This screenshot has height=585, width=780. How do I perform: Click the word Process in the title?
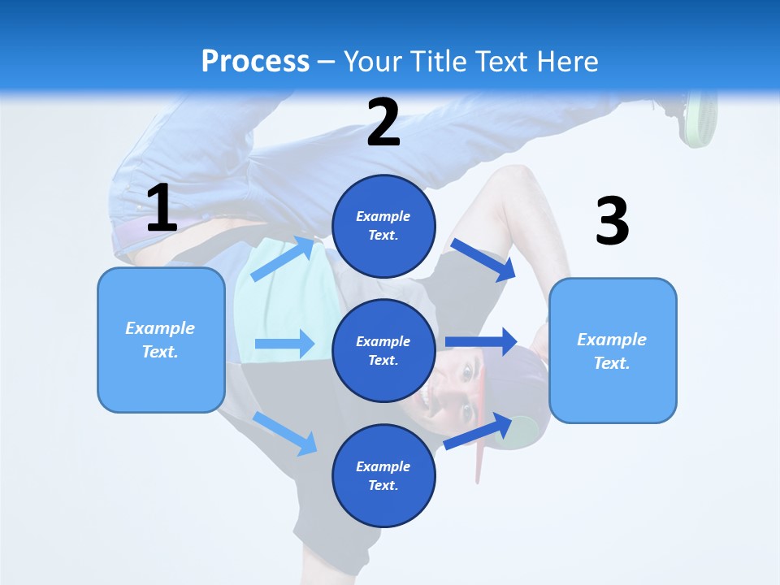255,62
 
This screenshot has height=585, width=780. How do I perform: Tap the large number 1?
162,209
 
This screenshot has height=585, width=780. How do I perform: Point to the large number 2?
383,123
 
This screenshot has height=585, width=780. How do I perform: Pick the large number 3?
612,221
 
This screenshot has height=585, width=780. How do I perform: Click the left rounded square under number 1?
161,340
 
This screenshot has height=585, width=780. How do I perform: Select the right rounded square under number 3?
613,350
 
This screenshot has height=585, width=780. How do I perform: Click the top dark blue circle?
383,226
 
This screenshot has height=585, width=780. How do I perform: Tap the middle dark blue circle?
383,350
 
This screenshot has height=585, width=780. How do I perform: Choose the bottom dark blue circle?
383,475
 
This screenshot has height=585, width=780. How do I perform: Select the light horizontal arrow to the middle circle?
284,344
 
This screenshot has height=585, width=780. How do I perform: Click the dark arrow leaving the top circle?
483,259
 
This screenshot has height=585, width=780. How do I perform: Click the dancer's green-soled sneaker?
700,118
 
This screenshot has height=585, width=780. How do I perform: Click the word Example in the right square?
612,340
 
